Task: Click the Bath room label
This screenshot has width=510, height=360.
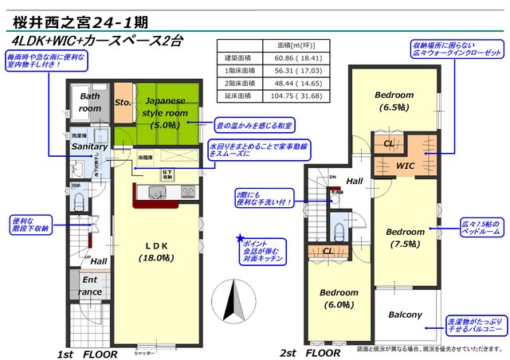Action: point(90,102)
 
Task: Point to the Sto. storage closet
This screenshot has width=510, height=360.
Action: point(123,103)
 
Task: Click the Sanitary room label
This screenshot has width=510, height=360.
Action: point(90,147)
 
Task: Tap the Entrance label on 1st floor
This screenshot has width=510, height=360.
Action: point(89,287)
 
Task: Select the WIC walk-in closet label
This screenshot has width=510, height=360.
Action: point(406,166)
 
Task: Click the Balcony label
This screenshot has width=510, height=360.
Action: point(405,315)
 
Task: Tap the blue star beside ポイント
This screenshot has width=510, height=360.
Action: point(239,238)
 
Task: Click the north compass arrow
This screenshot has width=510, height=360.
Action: point(233,302)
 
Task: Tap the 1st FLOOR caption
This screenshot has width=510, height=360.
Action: point(88,352)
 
